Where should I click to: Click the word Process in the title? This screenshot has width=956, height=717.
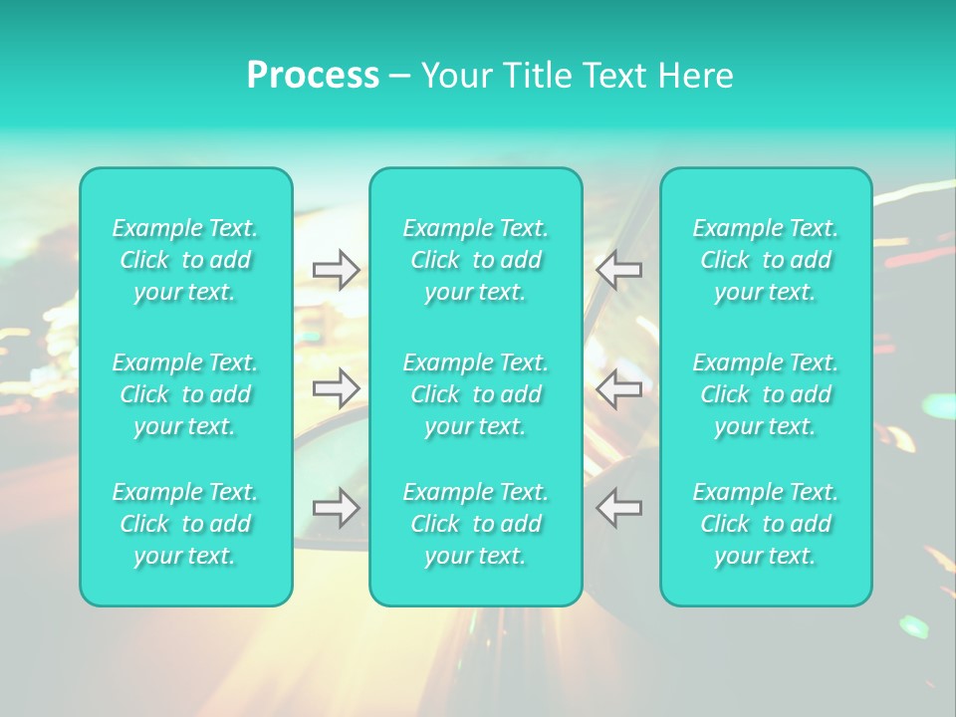(313, 76)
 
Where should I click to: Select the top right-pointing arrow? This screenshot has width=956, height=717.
(337, 269)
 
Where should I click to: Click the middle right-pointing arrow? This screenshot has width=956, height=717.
(337, 388)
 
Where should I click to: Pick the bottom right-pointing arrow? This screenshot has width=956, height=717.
(337, 508)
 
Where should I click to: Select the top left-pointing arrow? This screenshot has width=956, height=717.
(618, 269)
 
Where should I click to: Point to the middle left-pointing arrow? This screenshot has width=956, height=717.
(618, 388)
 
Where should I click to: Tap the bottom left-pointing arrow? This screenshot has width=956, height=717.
(618, 508)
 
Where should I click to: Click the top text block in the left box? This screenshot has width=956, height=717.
(185, 260)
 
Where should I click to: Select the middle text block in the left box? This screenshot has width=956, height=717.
(185, 394)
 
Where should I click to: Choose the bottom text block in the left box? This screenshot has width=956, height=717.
(185, 524)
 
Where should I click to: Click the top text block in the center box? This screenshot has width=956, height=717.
(476, 260)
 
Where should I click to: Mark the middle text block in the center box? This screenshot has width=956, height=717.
(476, 394)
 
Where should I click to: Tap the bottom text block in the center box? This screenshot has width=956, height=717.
(476, 524)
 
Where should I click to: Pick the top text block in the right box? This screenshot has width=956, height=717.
(766, 260)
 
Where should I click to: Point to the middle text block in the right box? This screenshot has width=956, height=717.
(766, 394)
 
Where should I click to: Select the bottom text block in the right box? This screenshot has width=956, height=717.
(766, 524)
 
